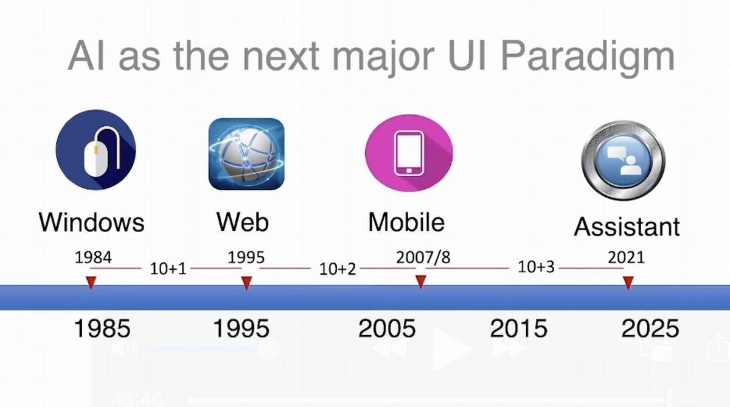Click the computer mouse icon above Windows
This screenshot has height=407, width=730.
click(x=96, y=149)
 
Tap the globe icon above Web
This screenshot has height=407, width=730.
click(x=246, y=154)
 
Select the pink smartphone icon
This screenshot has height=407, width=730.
click(x=409, y=153)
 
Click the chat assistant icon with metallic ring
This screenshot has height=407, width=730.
click(x=624, y=161)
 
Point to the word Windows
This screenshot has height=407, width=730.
click(x=92, y=222)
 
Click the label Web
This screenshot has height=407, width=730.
click(x=243, y=222)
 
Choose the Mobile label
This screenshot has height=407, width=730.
click(x=406, y=222)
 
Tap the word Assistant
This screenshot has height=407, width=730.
click(x=627, y=227)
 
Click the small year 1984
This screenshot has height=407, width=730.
click(x=93, y=257)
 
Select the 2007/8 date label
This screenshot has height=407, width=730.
click(x=423, y=257)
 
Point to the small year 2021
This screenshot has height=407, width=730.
click(x=627, y=257)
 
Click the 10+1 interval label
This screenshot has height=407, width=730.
click(x=168, y=269)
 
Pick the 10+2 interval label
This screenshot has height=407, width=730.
click(x=337, y=269)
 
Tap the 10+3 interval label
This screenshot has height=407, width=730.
click(x=536, y=267)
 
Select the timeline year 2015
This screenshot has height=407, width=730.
click(x=518, y=328)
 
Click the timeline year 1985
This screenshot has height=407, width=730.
click(x=102, y=328)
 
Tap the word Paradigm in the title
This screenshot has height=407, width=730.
click(x=588, y=56)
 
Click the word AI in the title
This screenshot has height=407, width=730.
click(x=86, y=55)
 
